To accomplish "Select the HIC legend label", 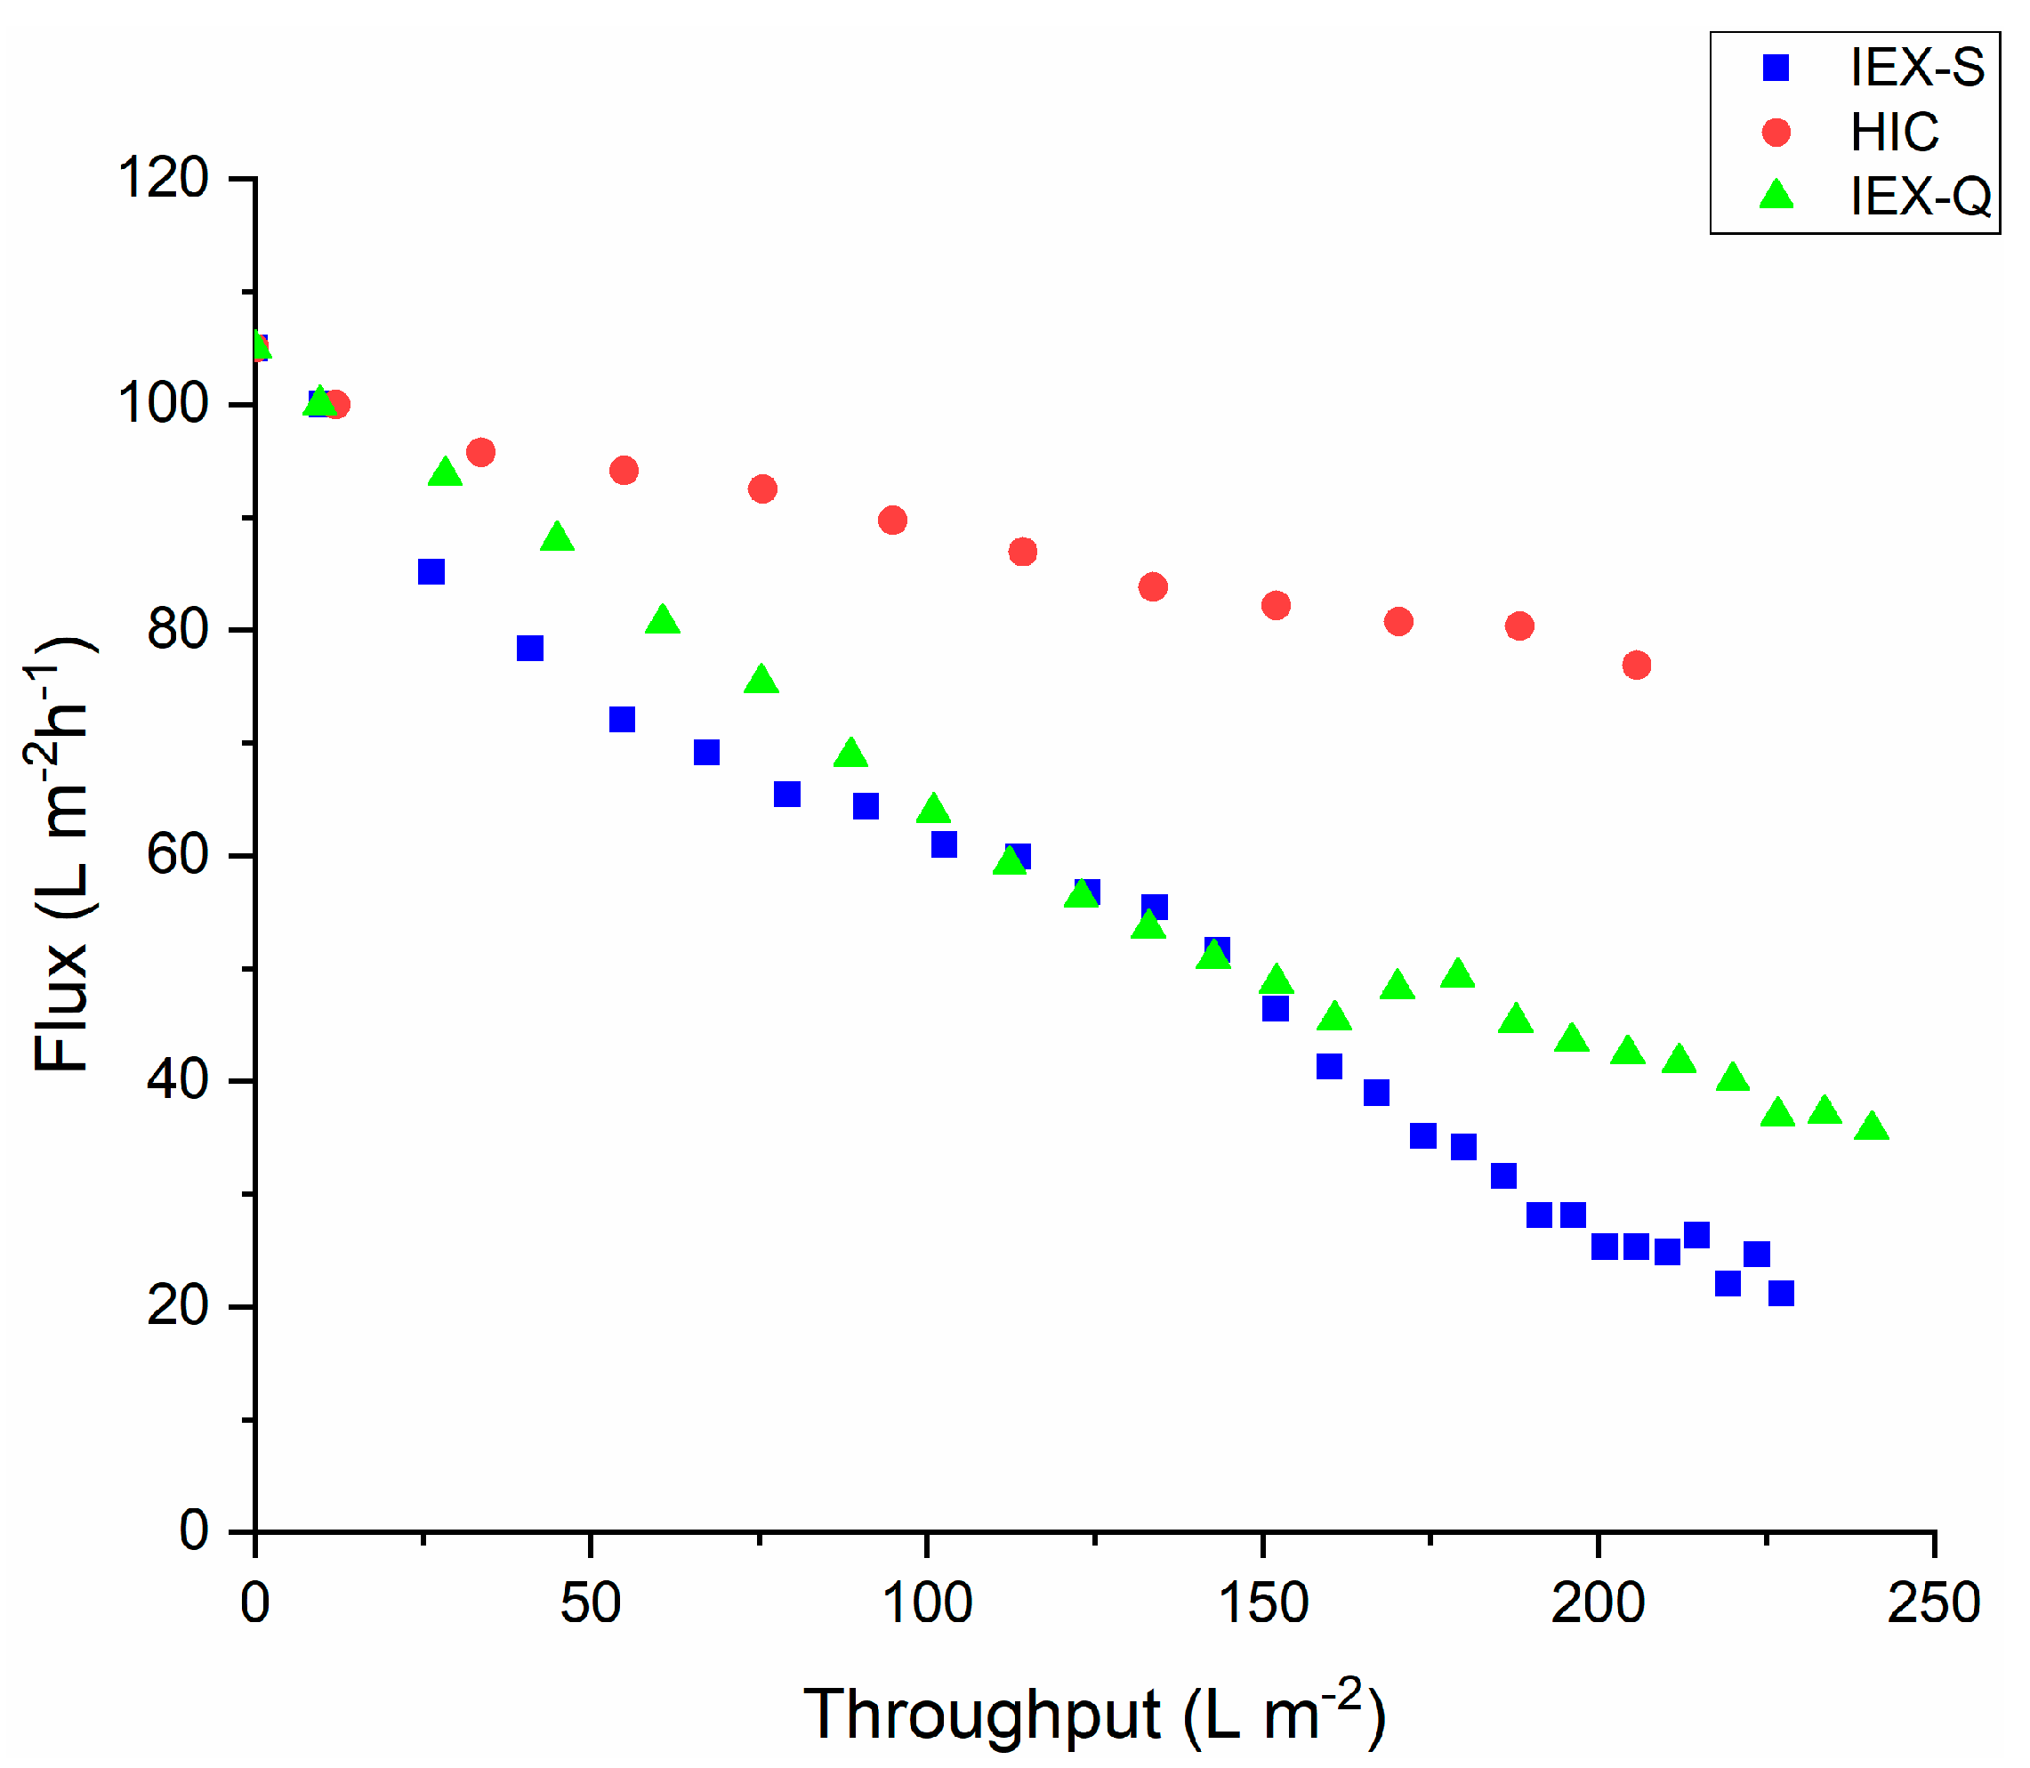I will click(1894, 133).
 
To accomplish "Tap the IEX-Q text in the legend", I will click(1920, 197).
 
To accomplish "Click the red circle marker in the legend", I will click(1776, 133).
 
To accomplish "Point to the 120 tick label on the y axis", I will click(163, 179).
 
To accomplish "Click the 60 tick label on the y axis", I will click(178, 854).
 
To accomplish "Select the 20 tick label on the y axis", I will click(178, 1306).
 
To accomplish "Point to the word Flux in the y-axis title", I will click(61, 1006).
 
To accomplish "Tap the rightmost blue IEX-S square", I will click(1780, 1293).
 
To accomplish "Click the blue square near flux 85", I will click(431, 571).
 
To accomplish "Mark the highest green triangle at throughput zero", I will click(257, 345).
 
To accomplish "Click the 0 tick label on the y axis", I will click(194, 1531).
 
